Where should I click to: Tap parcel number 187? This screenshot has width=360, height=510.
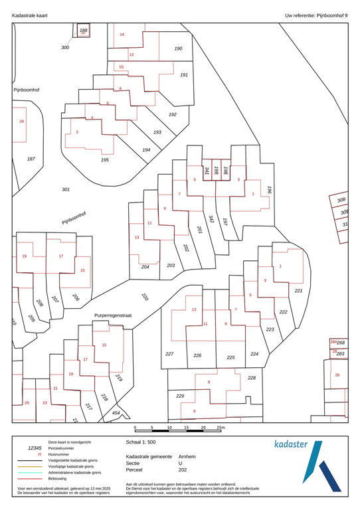click(x=31, y=159)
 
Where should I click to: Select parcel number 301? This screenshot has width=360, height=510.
click(x=66, y=189)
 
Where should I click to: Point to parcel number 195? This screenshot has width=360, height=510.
click(x=104, y=160)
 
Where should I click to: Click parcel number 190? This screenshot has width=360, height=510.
click(x=178, y=48)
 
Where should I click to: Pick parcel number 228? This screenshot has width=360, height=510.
click(x=251, y=378)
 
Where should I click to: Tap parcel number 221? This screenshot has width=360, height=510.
click(x=298, y=291)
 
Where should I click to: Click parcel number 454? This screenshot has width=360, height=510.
click(x=116, y=413)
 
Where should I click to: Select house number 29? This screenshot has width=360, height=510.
click(x=21, y=122)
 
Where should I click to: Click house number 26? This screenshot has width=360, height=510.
click(x=337, y=375)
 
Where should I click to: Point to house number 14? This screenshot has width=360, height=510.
click(x=122, y=34)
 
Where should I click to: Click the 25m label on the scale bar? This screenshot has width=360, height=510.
click(x=221, y=428)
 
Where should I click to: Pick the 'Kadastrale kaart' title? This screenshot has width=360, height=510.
click(x=29, y=14)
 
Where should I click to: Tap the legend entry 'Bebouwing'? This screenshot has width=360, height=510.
click(x=60, y=477)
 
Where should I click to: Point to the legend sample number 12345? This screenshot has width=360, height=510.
click(x=35, y=449)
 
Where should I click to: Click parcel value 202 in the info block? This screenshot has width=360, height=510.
click(x=183, y=470)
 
